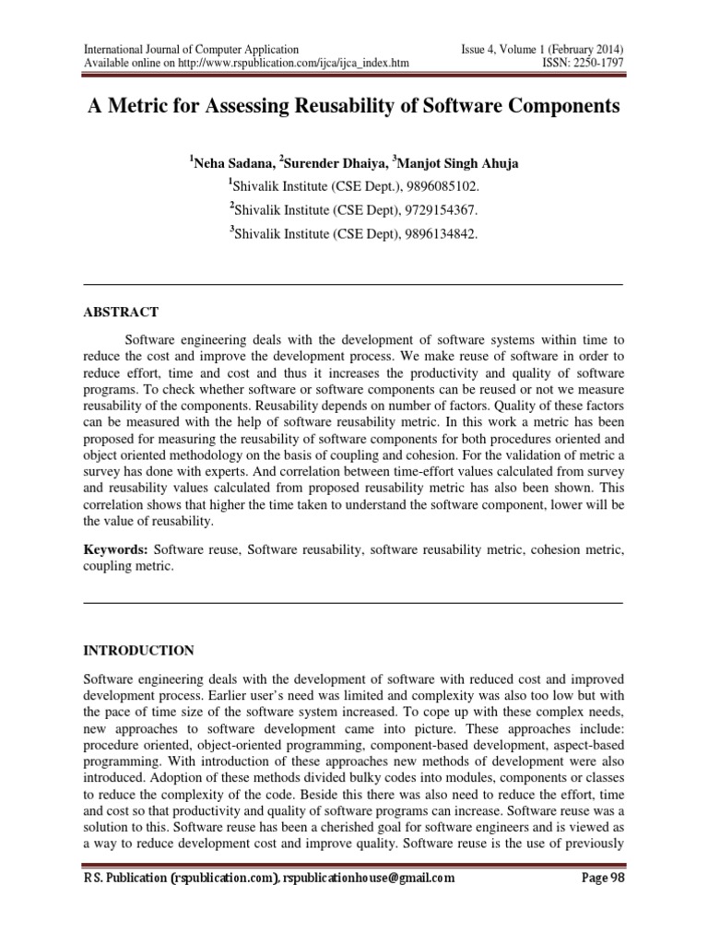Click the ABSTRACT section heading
click(122, 313)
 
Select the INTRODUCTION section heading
click(139, 650)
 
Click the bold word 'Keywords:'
click(115, 549)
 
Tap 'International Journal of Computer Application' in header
click(192, 49)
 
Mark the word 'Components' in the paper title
click(564, 106)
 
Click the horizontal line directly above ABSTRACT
click(353, 284)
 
